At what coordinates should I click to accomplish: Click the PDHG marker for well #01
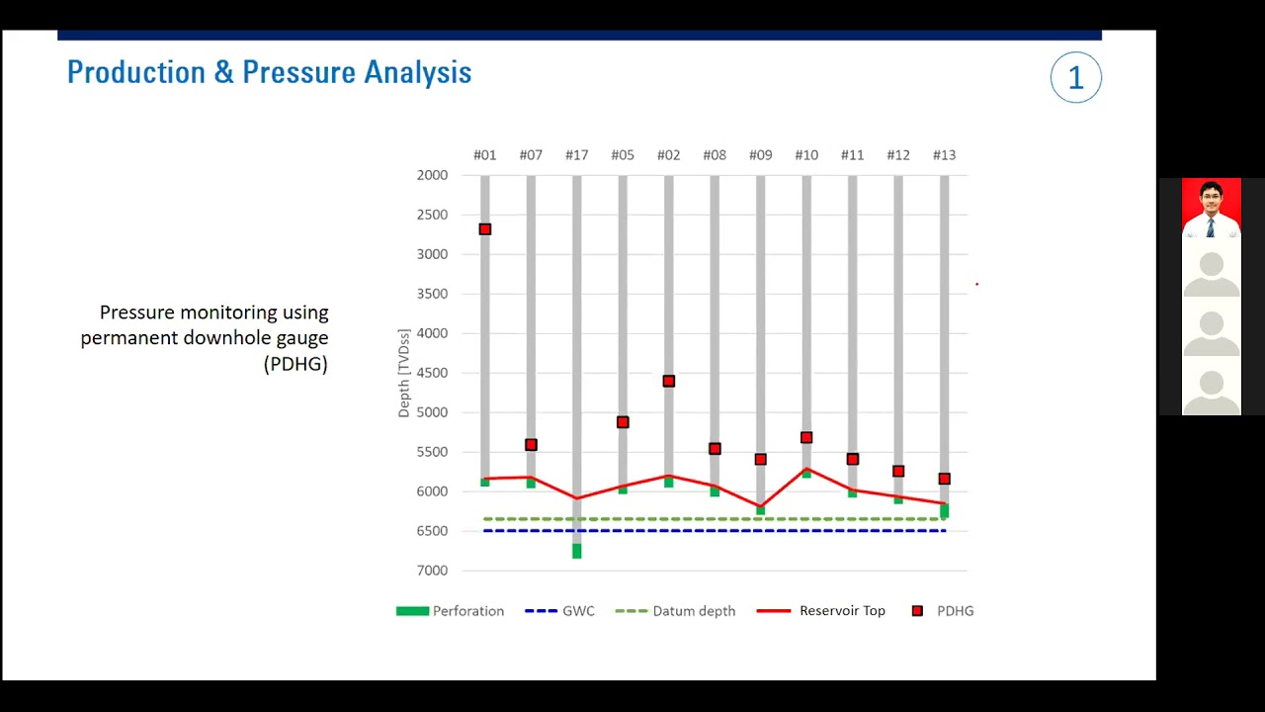[x=484, y=229]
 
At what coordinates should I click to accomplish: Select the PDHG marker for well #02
[x=669, y=381]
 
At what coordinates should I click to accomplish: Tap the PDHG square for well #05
[x=623, y=422]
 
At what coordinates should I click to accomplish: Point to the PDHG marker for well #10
[x=806, y=437]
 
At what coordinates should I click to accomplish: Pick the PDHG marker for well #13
[x=945, y=479]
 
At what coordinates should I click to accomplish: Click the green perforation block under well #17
[x=577, y=551]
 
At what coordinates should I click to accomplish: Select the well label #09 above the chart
[x=760, y=155]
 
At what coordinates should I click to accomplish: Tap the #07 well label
[x=531, y=155]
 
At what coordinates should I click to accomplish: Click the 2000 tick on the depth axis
[x=432, y=175]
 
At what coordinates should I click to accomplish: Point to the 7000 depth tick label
[x=432, y=571]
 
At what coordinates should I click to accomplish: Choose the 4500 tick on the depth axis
[x=432, y=373]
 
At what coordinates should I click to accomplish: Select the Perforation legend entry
[x=451, y=611]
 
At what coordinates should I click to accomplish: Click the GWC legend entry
[x=560, y=611]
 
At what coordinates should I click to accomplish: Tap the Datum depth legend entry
[x=676, y=611]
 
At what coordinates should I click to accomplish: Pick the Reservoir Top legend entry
[x=821, y=611]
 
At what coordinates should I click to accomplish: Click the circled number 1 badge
[x=1075, y=78]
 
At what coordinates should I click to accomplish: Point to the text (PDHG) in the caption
[x=295, y=364]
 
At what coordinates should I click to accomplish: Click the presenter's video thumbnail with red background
[x=1211, y=208]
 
